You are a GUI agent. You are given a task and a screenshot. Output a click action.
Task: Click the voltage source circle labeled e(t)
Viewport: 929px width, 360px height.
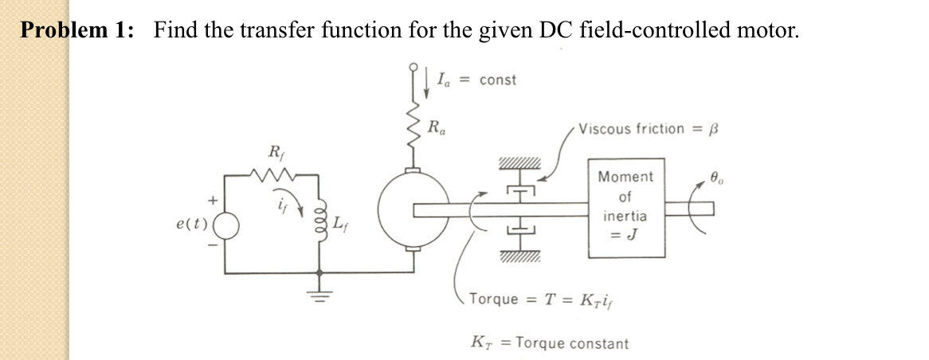click(225, 225)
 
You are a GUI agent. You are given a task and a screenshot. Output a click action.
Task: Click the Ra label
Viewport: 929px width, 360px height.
click(437, 125)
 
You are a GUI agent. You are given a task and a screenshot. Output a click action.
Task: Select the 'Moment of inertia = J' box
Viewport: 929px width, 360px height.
click(626, 206)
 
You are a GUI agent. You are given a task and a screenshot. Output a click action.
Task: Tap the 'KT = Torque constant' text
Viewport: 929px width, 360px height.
click(549, 343)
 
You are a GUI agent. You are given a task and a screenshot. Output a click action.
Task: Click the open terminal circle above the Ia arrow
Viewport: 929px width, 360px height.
click(413, 68)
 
